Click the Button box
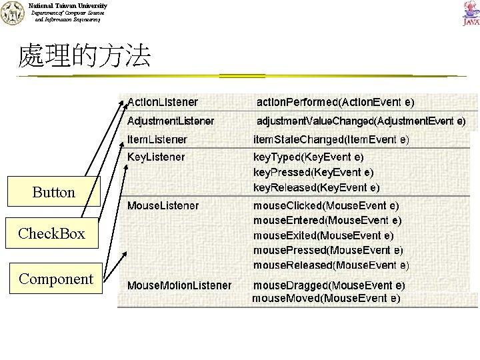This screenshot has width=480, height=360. point(54,192)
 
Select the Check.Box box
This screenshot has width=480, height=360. point(52,233)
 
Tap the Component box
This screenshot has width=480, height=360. point(56,279)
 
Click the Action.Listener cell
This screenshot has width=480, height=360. point(163,102)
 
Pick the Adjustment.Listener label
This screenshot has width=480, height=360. point(171,121)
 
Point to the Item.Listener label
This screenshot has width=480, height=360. point(157,139)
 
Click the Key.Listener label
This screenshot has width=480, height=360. point(156,157)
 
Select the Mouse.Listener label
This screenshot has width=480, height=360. point(163,205)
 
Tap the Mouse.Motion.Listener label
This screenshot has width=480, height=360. point(179,285)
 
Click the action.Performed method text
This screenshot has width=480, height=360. point(335,102)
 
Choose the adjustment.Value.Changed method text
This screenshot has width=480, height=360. point(361,121)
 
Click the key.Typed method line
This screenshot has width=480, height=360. point(308,157)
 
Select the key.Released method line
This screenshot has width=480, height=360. point(317,187)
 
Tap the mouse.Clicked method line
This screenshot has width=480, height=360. point(326,205)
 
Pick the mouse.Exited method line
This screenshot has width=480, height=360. point(323,235)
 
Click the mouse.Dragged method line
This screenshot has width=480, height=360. point(329,285)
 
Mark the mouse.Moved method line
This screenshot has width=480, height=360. point(326,298)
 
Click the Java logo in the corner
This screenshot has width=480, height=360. point(469,14)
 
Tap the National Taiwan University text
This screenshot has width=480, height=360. point(67,5)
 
